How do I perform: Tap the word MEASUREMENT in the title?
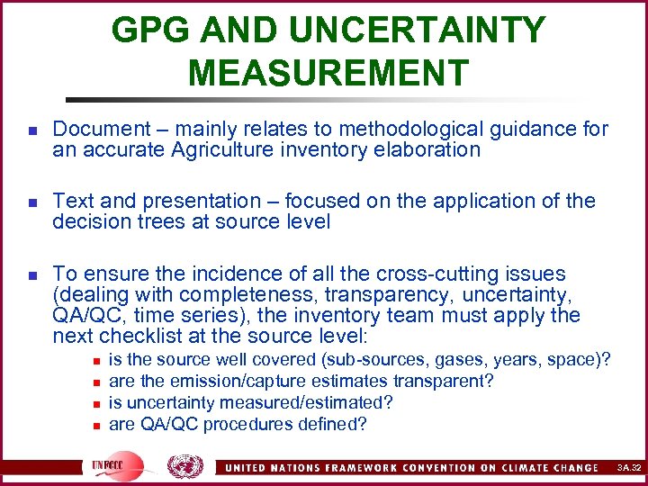(x=328, y=72)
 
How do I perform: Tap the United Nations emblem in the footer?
(x=185, y=465)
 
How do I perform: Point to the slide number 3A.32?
(x=628, y=467)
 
